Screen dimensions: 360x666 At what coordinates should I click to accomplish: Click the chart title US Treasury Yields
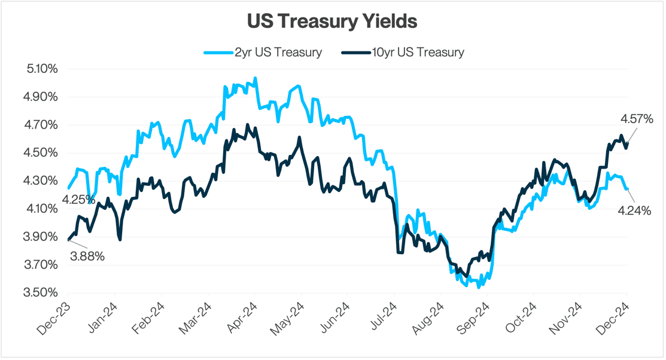coord(332,21)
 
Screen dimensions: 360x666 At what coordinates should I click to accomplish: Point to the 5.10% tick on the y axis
coord(42,69)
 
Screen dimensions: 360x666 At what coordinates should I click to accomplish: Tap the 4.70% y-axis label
coord(42,125)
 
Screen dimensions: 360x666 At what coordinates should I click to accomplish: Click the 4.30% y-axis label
coord(42,181)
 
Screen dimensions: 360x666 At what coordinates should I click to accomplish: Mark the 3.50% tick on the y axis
coord(42,292)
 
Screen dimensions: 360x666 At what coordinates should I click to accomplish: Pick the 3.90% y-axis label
coord(42,237)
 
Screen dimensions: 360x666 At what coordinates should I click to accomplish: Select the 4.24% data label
coord(634,210)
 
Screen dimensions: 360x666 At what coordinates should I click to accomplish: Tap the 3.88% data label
coord(87,257)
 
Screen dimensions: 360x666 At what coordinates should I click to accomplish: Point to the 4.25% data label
coord(78,199)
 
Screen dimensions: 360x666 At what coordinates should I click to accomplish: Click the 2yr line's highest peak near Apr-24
coord(256,78)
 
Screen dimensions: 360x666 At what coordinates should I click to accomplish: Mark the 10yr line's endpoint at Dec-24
coord(627,142)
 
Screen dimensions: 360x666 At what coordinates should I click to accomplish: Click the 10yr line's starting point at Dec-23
coord(68,240)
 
